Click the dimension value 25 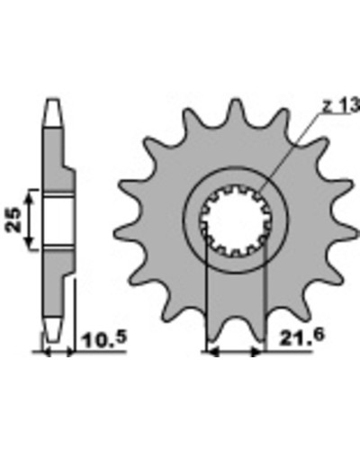13,220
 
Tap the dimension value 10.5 104,339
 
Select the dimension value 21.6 302,337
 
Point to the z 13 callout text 341,105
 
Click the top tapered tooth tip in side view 53,112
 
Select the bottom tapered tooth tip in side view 53,328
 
